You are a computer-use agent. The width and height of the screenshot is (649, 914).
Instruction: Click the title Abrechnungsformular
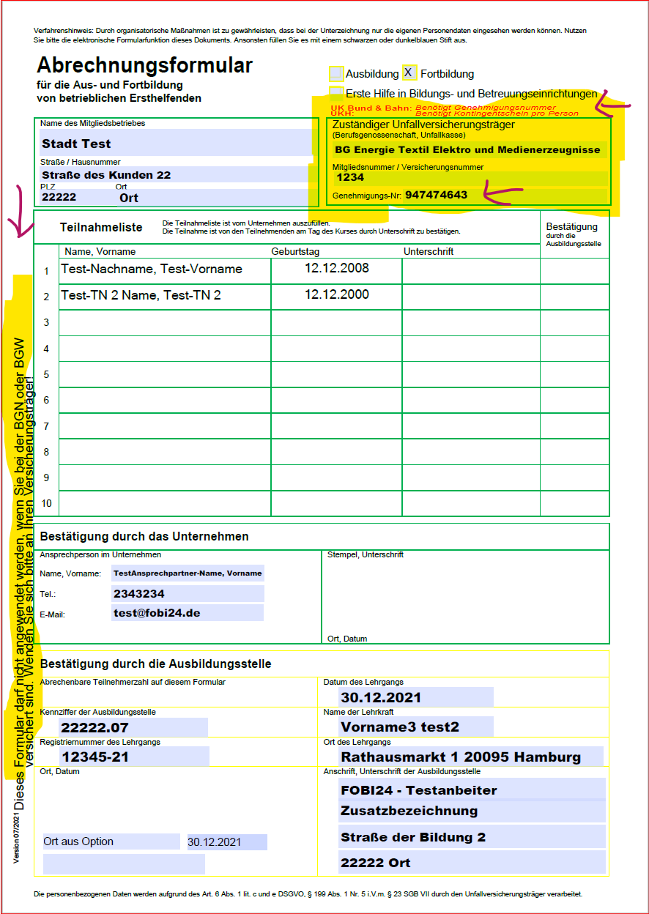point(144,66)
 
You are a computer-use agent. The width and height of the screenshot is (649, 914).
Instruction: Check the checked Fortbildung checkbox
point(409,73)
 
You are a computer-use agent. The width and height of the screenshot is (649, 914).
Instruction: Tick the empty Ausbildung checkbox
point(336,73)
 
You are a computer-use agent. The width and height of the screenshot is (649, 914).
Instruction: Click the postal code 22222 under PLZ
point(59,197)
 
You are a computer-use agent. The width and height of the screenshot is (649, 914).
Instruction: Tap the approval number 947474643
point(436,195)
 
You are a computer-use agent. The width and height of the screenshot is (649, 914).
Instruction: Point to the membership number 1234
point(350,177)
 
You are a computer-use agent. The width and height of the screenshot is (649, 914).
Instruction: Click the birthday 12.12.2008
point(336,268)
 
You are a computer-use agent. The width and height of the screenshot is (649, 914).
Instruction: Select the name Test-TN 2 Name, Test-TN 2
point(141,295)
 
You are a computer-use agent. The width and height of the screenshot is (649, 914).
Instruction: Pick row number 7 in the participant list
point(46,426)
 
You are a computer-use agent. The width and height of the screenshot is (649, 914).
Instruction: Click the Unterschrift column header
point(429,251)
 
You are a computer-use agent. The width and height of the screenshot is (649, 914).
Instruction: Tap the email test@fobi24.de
point(157,613)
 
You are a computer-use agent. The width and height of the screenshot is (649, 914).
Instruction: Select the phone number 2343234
point(138,594)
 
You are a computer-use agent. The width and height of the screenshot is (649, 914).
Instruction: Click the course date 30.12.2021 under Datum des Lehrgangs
point(381,697)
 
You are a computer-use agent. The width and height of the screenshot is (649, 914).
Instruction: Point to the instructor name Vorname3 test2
point(400,727)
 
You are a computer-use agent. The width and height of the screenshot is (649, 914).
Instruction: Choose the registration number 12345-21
point(95,757)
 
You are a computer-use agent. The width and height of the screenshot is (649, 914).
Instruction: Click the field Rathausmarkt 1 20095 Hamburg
point(461,757)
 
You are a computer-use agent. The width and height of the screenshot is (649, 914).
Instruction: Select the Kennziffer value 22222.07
point(94,727)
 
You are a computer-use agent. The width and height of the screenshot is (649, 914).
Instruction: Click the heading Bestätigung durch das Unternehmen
point(144,537)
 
